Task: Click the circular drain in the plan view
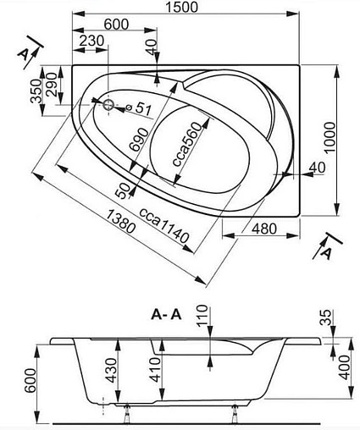click(109, 106)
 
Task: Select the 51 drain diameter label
click(143, 107)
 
